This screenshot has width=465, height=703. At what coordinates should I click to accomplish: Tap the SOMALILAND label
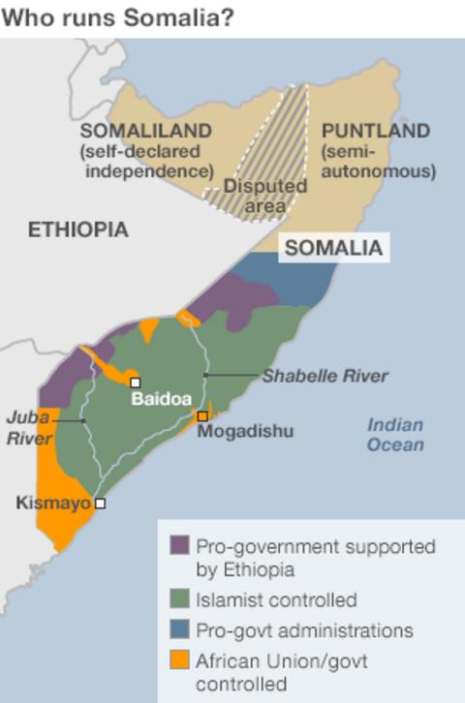(x=146, y=132)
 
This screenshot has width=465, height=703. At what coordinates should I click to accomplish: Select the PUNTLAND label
(x=375, y=132)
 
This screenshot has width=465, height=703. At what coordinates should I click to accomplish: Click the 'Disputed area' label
(x=264, y=195)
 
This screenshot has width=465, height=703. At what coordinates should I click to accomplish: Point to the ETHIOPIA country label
(x=77, y=229)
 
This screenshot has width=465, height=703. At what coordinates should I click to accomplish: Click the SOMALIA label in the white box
(x=333, y=247)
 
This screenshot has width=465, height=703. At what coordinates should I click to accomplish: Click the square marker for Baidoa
(x=136, y=382)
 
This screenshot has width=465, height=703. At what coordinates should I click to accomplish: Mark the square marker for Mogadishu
(x=202, y=416)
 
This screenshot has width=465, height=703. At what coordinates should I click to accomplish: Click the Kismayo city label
(x=53, y=503)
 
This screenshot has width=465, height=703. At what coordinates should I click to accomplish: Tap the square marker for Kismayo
(x=99, y=504)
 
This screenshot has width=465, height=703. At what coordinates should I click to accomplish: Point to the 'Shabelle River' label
(x=325, y=376)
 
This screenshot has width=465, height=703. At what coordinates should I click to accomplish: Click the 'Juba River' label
(x=29, y=428)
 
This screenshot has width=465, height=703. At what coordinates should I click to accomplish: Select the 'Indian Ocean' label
(x=395, y=435)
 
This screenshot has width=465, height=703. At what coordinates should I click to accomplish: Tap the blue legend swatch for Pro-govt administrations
(x=179, y=630)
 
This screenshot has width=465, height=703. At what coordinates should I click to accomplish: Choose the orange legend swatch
(x=179, y=662)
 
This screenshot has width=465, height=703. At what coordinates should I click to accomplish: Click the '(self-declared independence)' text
(x=146, y=162)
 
